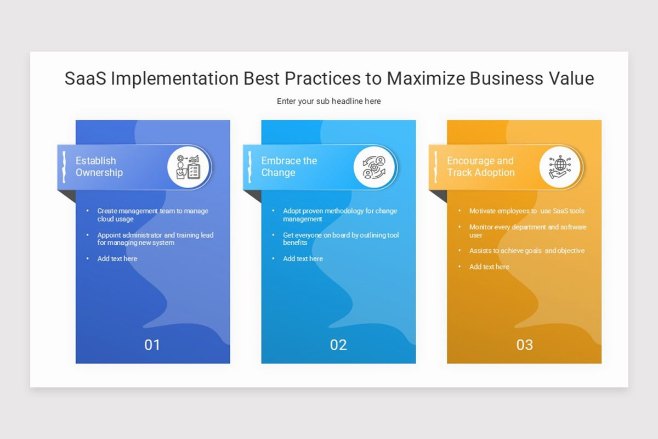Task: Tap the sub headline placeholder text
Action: coord(328,101)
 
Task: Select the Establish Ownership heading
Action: coord(99,166)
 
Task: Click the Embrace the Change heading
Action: coord(289,166)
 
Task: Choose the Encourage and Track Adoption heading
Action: coord(480,166)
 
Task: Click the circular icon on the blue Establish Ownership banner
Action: coord(188,167)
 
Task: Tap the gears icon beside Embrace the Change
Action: coord(375,167)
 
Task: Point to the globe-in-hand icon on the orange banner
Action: coord(560,167)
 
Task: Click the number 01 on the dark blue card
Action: coord(152,345)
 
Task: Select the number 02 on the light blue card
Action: coord(338,345)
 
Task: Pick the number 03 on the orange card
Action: coord(525,345)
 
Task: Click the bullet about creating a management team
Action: coord(152,215)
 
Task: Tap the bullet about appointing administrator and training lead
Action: coord(155,239)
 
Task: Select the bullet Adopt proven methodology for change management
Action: coord(339,215)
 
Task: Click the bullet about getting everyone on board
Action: coord(341,239)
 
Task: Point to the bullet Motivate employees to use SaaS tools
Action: coord(526,211)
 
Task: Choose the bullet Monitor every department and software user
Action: coord(527,230)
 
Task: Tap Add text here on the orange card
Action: coord(489,267)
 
